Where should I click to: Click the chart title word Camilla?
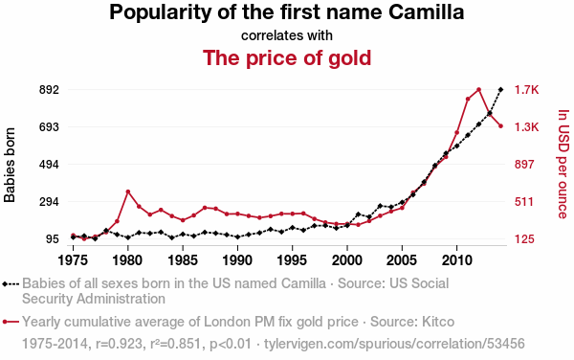pyautogui.click(x=426, y=12)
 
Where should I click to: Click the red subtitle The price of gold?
pyautogui.click(x=287, y=57)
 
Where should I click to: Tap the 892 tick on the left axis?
pyautogui.click(x=49, y=90)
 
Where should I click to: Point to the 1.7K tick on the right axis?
pyautogui.click(x=526, y=90)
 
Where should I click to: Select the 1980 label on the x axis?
pyautogui.click(x=127, y=260)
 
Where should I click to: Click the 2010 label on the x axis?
pyautogui.click(x=456, y=260)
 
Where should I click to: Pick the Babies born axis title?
pyautogui.click(x=10, y=165)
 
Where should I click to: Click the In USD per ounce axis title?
pyautogui.click(x=563, y=164)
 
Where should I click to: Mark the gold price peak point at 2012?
pyautogui.click(x=478, y=89)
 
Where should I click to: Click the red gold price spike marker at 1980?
pyautogui.click(x=128, y=191)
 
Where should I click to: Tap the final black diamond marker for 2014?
pyautogui.click(x=500, y=89)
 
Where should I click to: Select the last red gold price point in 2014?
pyautogui.click(x=500, y=126)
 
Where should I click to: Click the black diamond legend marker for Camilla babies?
pyautogui.click(x=5, y=283)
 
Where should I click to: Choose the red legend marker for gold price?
pyautogui.click(x=5, y=322)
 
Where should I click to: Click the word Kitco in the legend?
pyautogui.click(x=438, y=322)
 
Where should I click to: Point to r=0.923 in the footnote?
pyautogui.click(x=119, y=344)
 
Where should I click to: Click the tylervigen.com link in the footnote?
pyautogui.click(x=394, y=344)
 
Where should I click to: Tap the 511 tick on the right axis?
pyautogui.click(x=524, y=202)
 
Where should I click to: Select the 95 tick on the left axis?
pyautogui.click(x=52, y=239)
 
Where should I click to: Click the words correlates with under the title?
pyautogui.click(x=287, y=35)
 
